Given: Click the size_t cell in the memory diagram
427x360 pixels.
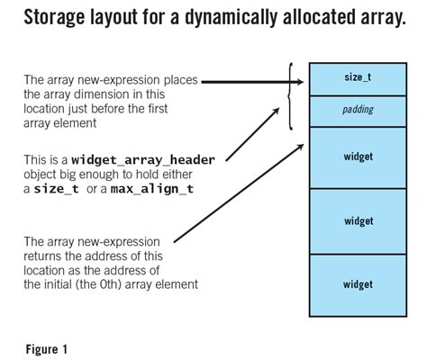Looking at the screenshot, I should pos(358,78).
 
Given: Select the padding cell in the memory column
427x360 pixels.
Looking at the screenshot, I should pos(358,109).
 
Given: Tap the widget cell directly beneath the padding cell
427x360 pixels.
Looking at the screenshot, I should pos(358,157).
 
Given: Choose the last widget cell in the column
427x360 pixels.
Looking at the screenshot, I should pos(358,284).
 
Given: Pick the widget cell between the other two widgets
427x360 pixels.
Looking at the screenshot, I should pos(358,220).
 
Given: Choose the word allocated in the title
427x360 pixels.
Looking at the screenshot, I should pos(309,18).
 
